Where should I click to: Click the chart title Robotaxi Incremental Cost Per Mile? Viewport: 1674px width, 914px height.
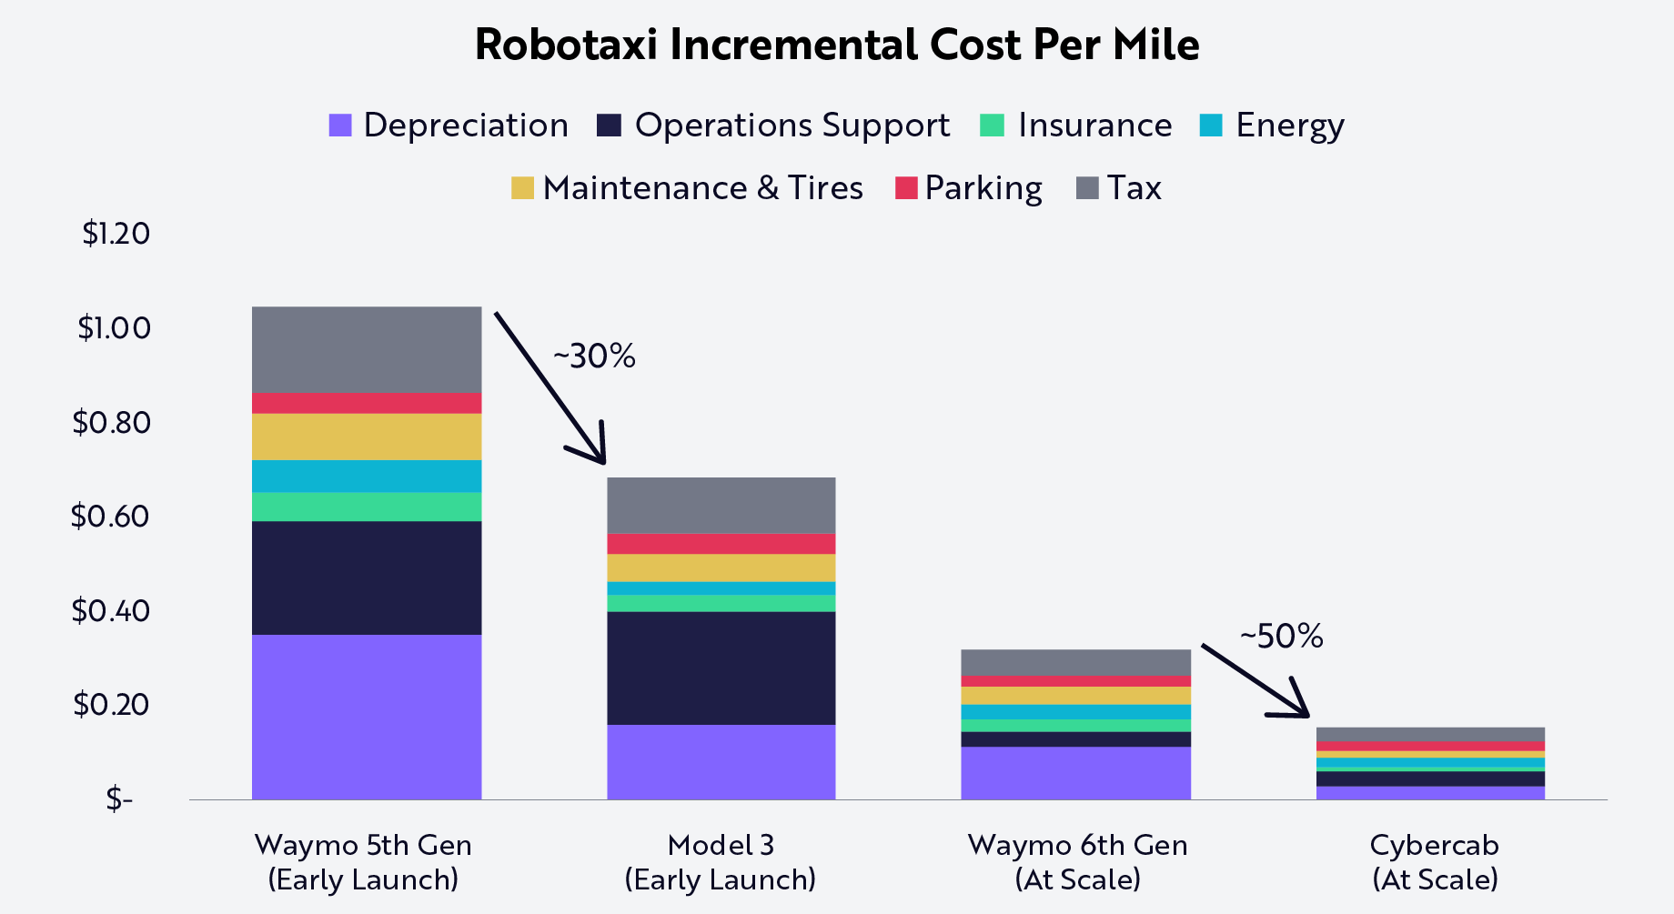coord(836,45)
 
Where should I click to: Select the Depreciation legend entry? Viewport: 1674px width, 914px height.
coord(449,126)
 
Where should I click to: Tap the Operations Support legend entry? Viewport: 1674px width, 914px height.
coord(773,126)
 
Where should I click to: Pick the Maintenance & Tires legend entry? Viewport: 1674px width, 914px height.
coord(687,188)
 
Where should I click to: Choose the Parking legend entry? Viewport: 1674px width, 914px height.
coord(969,188)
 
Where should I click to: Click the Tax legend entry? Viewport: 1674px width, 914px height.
coord(1119,188)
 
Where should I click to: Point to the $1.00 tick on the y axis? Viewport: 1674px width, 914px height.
coord(114,327)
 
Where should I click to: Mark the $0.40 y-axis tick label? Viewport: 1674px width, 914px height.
coord(110,610)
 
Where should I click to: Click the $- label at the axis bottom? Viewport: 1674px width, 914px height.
coord(119,799)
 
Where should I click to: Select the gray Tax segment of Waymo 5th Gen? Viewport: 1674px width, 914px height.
coord(367,349)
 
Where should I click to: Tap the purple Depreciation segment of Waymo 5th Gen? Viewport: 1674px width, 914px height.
coord(367,717)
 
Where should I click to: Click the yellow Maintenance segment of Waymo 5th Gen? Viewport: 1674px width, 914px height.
coord(367,437)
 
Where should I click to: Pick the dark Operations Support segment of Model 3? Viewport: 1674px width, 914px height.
coord(721,668)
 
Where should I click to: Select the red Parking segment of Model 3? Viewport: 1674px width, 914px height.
coord(721,544)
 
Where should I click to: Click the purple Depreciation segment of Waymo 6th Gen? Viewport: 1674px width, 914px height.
coord(1075,773)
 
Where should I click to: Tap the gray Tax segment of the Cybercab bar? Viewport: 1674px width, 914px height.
coord(1429,734)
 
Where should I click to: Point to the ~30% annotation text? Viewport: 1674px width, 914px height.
coord(594,356)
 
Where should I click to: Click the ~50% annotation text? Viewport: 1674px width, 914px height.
coord(1281,637)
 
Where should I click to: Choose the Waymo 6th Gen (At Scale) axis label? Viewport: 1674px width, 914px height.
coord(1077,861)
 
